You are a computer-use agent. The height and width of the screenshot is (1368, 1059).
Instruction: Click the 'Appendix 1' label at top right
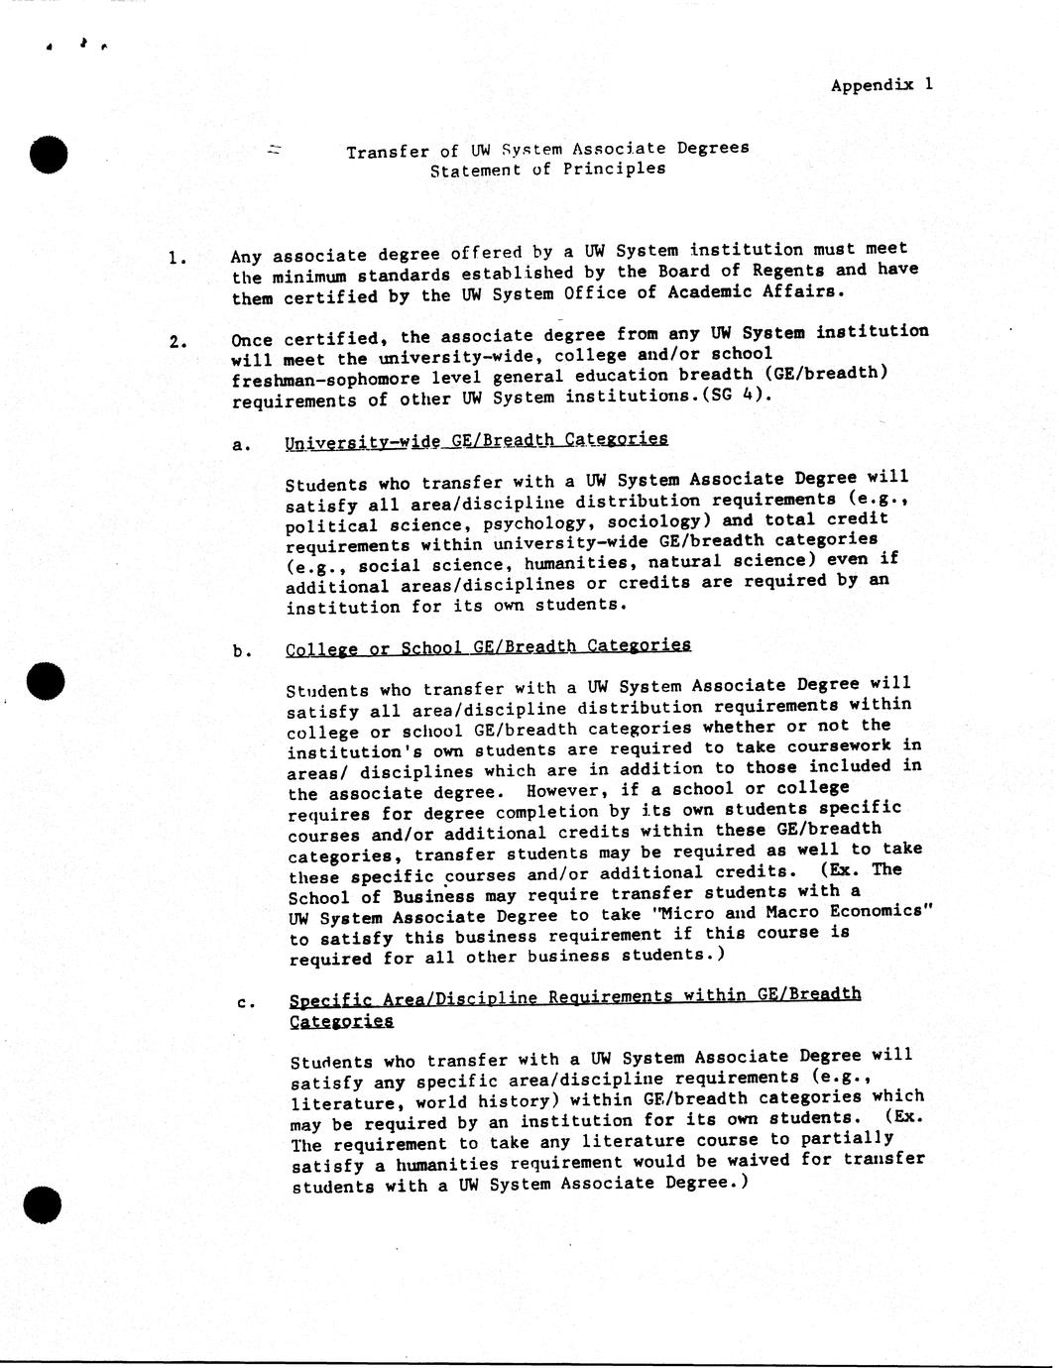click(882, 85)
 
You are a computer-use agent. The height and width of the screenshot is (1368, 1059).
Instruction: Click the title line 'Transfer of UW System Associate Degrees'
click(547, 150)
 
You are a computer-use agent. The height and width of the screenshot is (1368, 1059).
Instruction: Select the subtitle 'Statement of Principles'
click(547, 170)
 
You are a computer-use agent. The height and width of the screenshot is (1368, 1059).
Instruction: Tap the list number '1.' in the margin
click(177, 260)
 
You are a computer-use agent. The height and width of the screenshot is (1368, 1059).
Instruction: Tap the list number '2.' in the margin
click(177, 343)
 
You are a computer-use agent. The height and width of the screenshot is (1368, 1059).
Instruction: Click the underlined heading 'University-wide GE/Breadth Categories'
click(476, 440)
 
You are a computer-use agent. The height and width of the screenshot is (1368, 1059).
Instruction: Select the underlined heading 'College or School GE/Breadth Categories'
click(488, 647)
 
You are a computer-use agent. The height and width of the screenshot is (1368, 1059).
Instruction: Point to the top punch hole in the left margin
click(48, 154)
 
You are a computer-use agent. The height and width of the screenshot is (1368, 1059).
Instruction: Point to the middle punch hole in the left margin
click(46, 680)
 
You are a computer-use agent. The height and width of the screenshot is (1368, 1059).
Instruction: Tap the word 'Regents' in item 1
click(786, 271)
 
